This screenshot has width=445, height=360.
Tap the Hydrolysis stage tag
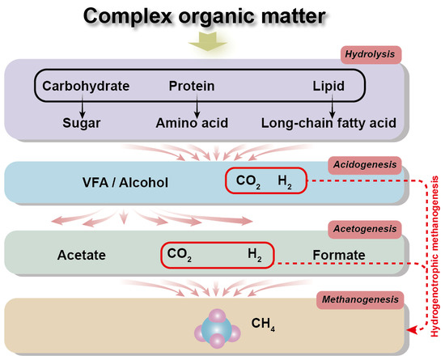click(x=371, y=53)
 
